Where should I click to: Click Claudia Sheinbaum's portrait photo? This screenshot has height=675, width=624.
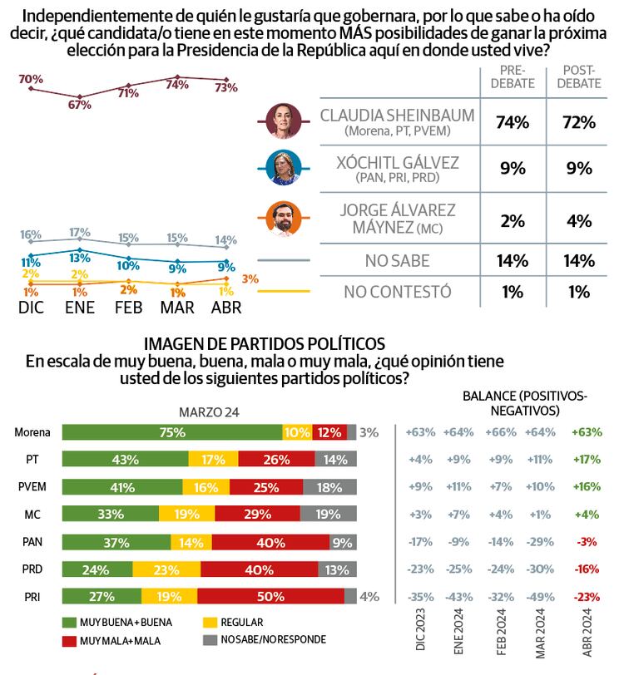pyautogui.click(x=283, y=121)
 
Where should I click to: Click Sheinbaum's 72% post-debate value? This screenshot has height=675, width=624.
pyautogui.click(x=579, y=122)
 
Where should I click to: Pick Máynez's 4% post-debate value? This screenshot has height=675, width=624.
pyautogui.click(x=579, y=220)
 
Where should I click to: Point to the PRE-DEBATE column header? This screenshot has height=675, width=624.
pyautogui.click(x=513, y=77)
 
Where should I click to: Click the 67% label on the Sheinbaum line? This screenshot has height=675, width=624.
pyautogui.click(x=80, y=106)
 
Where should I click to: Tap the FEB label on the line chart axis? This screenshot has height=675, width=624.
pyautogui.click(x=126, y=308)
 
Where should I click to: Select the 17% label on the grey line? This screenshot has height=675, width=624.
pyautogui.click(x=80, y=232)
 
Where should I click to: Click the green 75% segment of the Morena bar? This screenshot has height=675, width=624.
pyautogui.click(x=173, y=432)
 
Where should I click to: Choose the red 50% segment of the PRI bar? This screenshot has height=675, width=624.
pyautogui.click(x=271, y=595)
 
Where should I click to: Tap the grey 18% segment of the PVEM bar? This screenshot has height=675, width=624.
pyautogui.click(x=329, y=486)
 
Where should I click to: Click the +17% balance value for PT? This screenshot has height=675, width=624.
pyautogui.click(x=587, y=459)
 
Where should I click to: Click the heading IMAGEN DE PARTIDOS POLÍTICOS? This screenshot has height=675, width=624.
pyautogui.click(x=265, y=343)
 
